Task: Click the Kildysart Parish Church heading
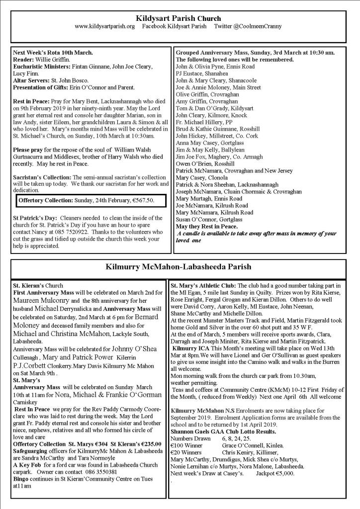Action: click(x=180, y=18)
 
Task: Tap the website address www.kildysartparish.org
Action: click(x=104, y=26)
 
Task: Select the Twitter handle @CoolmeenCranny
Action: click(x=250, y=26)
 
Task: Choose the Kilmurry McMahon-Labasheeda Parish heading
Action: click(x=179, y=266)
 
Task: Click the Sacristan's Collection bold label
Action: click(x=43, y=177)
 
